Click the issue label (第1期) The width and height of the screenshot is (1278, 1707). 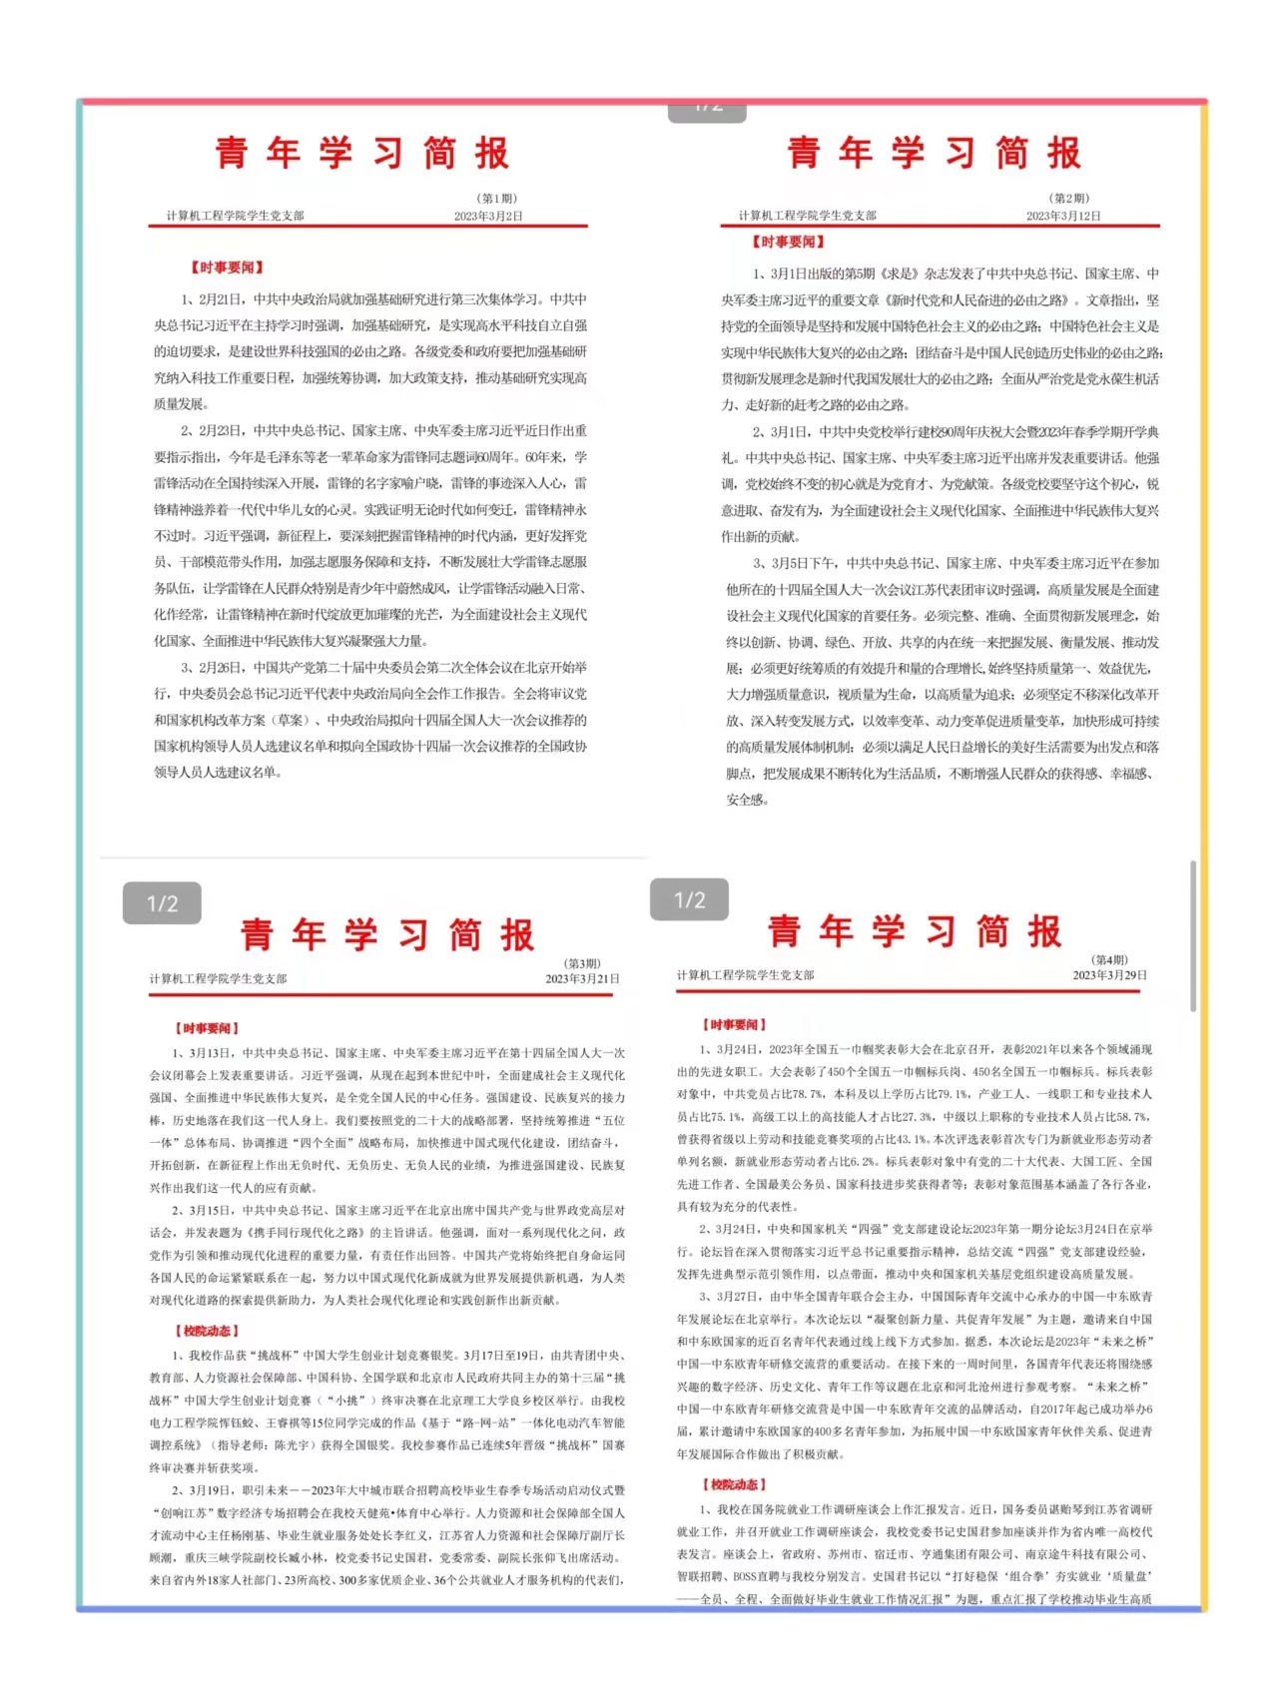point(497,199)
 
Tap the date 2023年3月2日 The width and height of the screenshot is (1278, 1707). point(488,216)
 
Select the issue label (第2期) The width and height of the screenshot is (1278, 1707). point(1069,199)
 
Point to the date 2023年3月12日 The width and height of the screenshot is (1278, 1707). point(1063,216)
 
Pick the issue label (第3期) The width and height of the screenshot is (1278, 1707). point(583,963)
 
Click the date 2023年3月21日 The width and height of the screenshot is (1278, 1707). point(582,978)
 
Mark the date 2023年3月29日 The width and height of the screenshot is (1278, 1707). point(1109,974)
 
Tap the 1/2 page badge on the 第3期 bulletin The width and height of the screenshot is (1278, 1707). point(162,903)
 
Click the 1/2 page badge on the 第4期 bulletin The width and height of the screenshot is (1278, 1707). point(689,899)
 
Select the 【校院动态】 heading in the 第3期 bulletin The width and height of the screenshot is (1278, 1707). point(208,1331)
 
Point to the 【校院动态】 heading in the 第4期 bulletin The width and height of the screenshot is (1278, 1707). point(734,1484)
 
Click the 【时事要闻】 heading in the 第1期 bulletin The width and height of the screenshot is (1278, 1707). point(228,268)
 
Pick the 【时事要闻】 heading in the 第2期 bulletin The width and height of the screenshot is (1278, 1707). point(789,242)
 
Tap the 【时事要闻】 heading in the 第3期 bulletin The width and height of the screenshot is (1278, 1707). point(208,1028)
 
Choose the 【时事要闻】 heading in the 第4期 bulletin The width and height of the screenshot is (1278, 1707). point(734,1024)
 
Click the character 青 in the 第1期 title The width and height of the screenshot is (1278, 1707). point(232,153)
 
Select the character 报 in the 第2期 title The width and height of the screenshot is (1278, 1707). point(1064,153)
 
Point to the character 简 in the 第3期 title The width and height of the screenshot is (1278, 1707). point(465,935)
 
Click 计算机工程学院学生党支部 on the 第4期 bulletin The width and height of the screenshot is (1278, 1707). point(745,974)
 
